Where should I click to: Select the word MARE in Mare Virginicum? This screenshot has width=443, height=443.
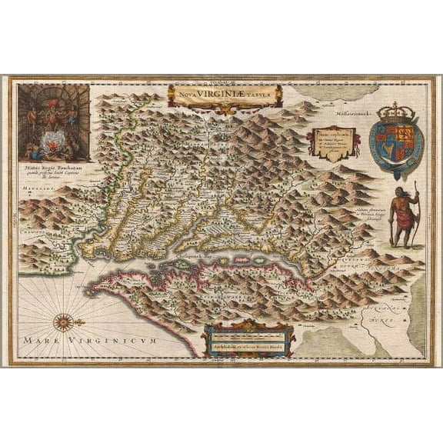point(39,339)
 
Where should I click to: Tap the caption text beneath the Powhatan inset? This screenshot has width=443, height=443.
point(55,168)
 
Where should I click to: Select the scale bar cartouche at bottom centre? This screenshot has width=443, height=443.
point(246,339)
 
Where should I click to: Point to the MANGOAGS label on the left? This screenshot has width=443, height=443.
point(32,188)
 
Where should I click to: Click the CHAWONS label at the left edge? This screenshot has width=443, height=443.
point(31,228)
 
